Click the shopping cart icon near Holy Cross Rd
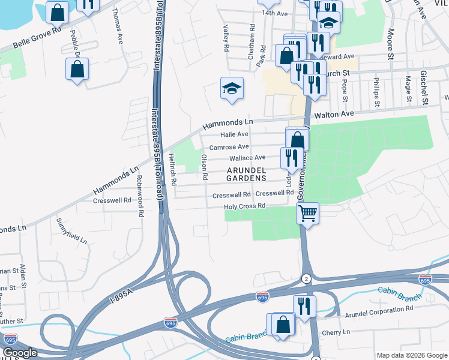[307, 212]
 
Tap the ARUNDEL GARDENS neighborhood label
[246, 174]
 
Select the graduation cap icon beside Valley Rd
[232, 89]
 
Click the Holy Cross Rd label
[244, 206]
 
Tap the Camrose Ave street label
[228, 147]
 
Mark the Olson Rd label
[205, 167]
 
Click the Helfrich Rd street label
[173, 169]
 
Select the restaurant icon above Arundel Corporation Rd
[304, 306]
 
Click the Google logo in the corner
[20, 353]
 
